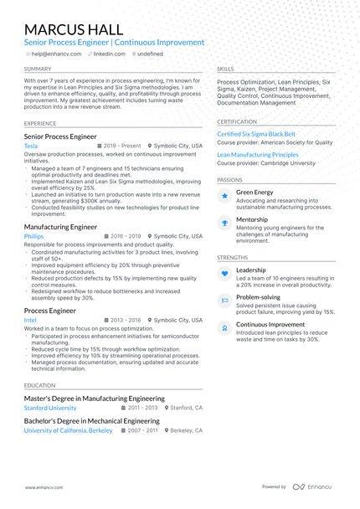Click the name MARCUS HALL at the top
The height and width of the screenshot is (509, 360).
coord(75,29)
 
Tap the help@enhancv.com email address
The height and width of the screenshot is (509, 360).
coord(56,54)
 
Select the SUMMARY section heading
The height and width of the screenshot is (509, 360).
coord(38,69)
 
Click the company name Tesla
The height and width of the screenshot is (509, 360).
coord(31,146)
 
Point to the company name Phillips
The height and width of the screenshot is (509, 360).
coord(34,237)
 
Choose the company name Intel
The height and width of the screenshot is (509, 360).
coord(31,320)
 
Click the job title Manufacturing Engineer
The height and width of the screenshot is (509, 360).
coord(60,226)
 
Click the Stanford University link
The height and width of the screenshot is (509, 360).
coord(56,408)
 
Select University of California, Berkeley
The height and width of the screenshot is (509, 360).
coord(68,429)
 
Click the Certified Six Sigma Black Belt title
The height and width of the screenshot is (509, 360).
coord(256,134)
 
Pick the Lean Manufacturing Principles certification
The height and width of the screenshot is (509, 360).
coord(258,155)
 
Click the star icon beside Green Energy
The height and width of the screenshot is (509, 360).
coord(225,196)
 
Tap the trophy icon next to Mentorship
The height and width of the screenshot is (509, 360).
coord(225,223)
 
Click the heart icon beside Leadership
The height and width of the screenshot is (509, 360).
coord(225,274)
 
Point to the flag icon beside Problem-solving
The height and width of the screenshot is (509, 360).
coord(225,300)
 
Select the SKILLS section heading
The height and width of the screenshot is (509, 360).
coord(225,69)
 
